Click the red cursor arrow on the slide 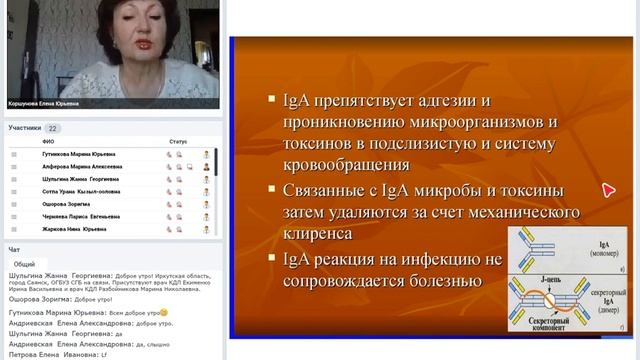tap(608, 190)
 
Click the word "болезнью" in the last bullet tap(433, 280)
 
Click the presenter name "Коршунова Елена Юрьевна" tap(41, 103)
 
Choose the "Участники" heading tap(25, 128)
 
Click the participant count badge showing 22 tap(52, 128)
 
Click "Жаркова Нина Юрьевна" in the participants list tap(77, 229)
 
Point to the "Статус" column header tap(178, 142)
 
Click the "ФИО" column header tap(47, 142)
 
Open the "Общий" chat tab tap(24, 263)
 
